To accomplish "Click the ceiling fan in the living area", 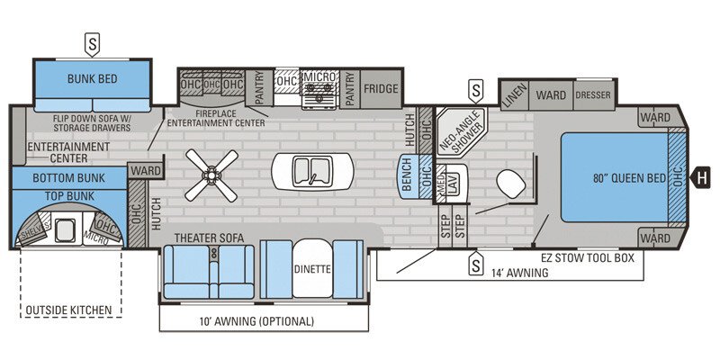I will (211, 175).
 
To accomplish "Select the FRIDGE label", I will (381, 88).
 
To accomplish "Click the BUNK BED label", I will (93, 79).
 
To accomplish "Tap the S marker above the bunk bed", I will (92, 41).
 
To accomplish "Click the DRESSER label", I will (594, 94).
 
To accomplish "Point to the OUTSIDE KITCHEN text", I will (69, 310).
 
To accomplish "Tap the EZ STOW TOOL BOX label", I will (588, 257).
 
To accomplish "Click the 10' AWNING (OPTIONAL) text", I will (256, 321).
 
